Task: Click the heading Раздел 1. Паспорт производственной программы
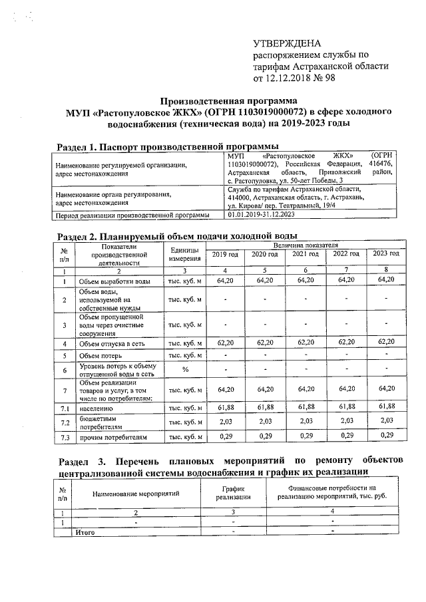point(166,146)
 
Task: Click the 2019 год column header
point(224,254)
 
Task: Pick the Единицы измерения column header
point(184,254)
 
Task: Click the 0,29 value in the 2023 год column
point(386,436)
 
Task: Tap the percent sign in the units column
point(184,370)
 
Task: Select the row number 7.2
point(65,422)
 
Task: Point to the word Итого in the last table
point(86,532)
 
